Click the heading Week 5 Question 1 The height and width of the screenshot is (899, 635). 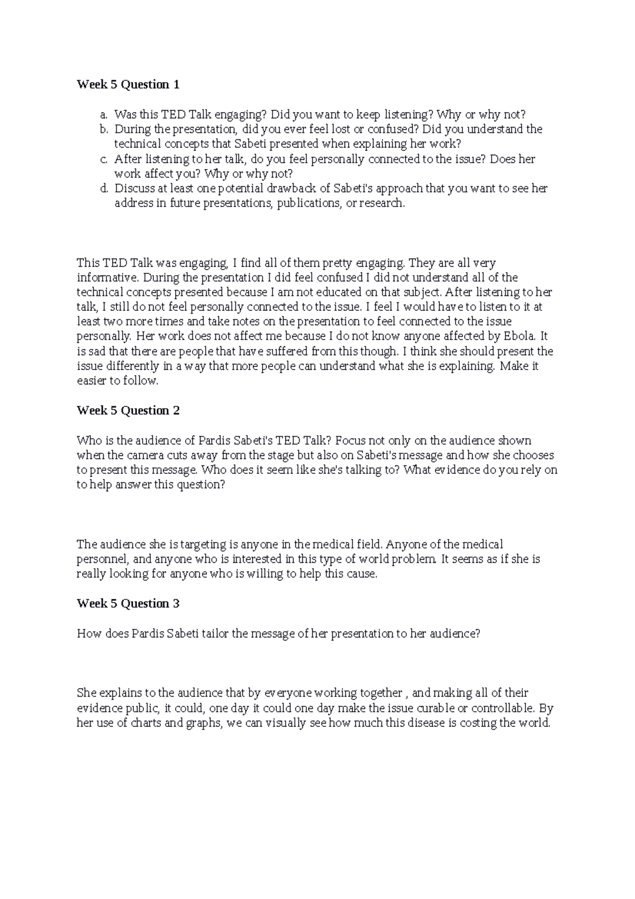point(128,85)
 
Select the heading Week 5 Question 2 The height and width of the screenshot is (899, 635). point(128,411)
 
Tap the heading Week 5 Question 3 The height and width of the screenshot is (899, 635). point(128,604)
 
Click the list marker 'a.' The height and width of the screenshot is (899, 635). point(104,114)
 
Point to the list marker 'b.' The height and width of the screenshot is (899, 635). point(104,129)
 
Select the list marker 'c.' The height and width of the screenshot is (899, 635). point(104,159)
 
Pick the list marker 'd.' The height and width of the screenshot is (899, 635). point(104,188)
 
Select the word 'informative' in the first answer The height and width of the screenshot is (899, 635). point(106,277)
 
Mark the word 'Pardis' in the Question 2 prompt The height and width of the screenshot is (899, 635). point(215,440)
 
